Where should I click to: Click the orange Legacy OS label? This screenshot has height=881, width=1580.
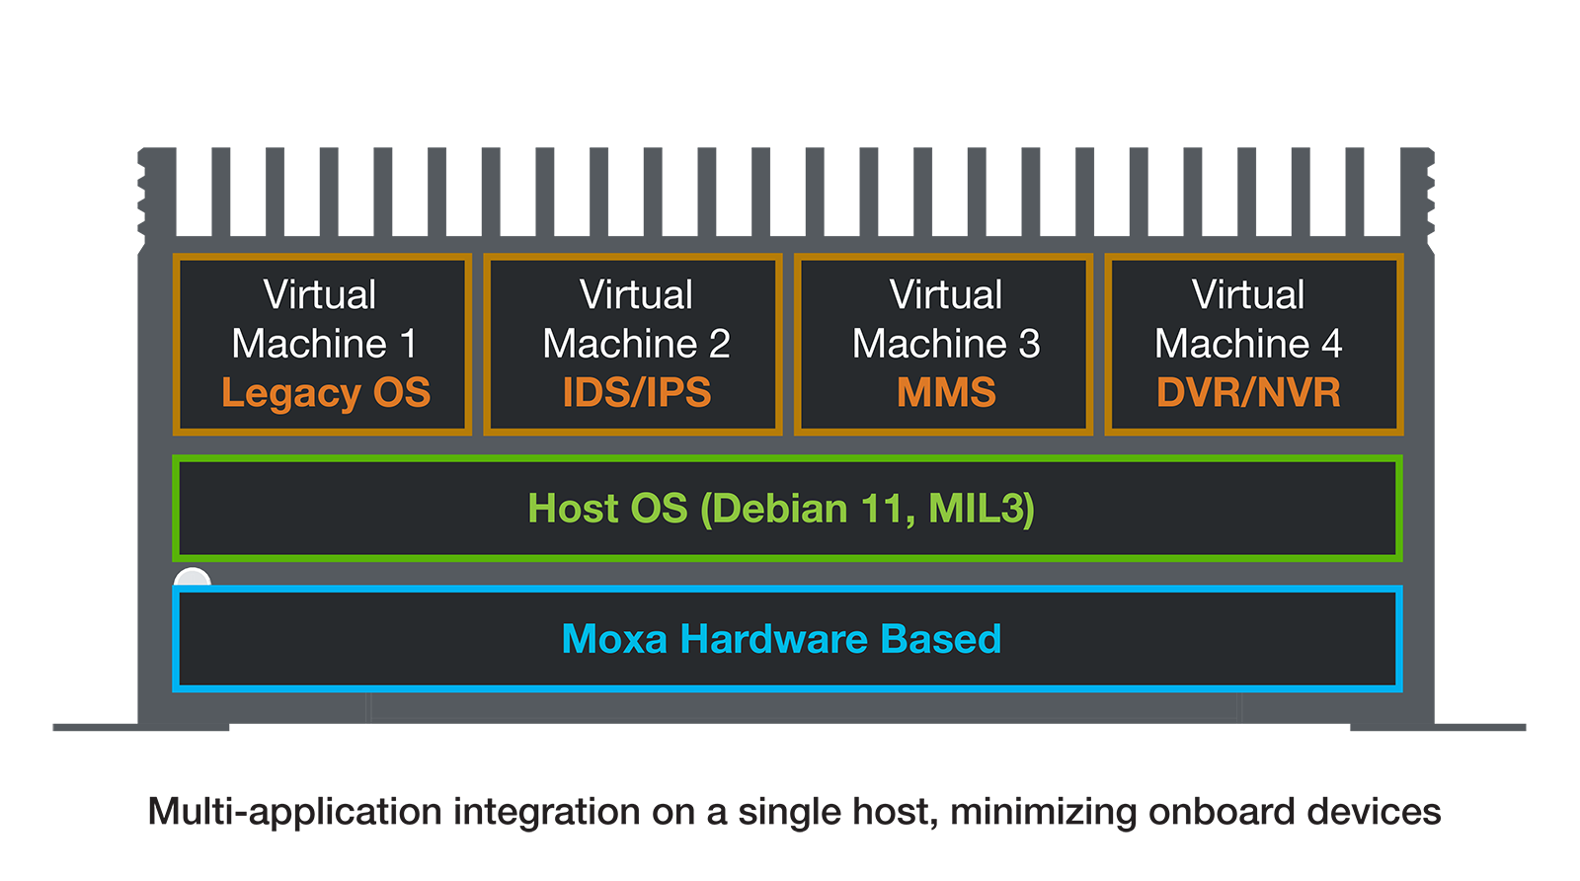(x=326, y=393)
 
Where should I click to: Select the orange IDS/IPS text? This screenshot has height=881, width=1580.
(x=636, y=393)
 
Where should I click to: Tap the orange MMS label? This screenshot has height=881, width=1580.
(x=946, y=393)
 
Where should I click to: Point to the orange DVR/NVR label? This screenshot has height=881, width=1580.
(x=1248, y=393)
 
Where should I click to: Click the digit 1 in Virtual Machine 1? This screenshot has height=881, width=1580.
(x=408, y=344)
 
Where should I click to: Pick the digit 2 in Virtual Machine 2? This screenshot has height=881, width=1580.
(x=719, y=344)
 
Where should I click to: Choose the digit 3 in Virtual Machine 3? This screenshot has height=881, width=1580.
(x=1029, y=344)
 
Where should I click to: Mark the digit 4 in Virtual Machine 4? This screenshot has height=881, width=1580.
(x=1331, y=344)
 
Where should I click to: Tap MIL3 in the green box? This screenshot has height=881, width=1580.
(x=978, y=509)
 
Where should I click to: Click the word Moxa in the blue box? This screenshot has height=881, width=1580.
(x=614, y=639)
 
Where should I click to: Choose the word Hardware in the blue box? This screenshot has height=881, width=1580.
(x=773, y=639)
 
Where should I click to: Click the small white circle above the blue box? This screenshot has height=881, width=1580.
(x=192, y=578)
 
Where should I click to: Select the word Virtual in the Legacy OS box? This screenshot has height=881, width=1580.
(x=320, y=294)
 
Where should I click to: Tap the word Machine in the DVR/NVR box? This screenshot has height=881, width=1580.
(x=1231, y=344)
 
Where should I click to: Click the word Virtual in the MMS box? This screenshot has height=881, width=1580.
(x=946, y=294)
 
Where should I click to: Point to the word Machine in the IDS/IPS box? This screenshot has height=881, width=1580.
(x=620, y=344)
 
